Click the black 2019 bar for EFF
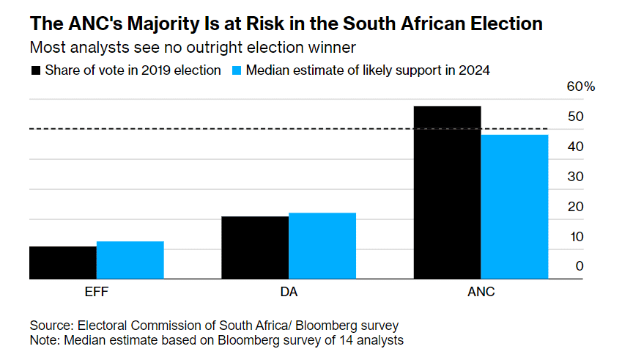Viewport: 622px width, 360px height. (63, 262)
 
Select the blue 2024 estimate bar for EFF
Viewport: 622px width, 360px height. (130, 260)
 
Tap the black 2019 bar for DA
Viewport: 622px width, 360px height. (255, 248)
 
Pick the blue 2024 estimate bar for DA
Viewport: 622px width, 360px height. (322, 246)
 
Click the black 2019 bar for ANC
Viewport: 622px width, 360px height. (447, 193)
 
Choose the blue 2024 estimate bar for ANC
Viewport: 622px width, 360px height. (514, 207)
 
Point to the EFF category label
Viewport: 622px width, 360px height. (97, 292)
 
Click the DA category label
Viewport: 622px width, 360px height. (289, 292)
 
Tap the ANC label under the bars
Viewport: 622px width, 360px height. (481, 292)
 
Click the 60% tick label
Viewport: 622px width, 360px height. (580, 87)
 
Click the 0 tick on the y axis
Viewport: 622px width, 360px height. (580, 266)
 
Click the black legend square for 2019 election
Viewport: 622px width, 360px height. (35, 71)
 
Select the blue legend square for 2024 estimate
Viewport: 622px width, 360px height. (237, 71)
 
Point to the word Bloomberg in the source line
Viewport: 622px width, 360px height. (334, 325)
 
